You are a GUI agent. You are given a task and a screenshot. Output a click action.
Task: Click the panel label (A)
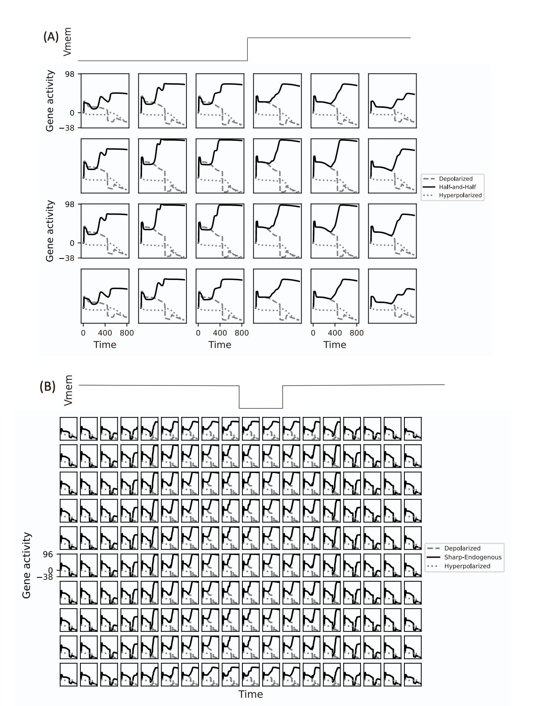pos(51,37)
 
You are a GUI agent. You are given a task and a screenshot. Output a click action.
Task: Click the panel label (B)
pos(47,386)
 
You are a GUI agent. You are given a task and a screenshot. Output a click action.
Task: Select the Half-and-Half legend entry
pos(457,187)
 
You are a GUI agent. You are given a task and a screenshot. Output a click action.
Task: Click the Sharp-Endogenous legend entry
pos(473,557)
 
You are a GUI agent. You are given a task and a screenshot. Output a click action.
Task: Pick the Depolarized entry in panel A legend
pos(456,179)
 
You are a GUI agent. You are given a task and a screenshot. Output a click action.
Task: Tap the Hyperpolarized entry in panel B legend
pos(467,566)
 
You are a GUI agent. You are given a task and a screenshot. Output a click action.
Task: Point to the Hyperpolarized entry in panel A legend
pos(460,195)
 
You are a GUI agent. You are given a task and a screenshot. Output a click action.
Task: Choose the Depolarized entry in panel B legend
pos(462,548)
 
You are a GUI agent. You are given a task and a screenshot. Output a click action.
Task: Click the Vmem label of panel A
pos(68,41)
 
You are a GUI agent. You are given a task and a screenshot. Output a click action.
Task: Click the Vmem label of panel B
pos(69,390)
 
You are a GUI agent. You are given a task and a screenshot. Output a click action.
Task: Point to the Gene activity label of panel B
pos(27,565)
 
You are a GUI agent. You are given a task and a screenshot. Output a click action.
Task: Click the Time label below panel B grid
pos(251,694)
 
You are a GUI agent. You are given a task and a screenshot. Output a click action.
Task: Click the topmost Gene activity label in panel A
pos(50,101)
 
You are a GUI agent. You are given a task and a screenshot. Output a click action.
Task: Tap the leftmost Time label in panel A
pos(105,345)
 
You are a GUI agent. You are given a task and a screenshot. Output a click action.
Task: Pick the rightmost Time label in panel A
pos(335,345)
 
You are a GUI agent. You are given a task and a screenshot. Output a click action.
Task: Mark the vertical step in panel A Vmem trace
pos(248,50)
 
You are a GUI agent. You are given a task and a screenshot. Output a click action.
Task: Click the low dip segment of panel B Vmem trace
pos(261,408)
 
